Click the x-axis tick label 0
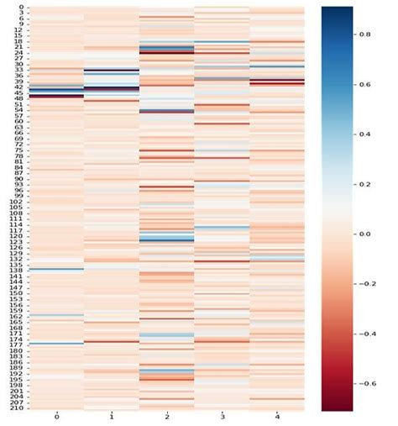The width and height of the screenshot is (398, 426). (55, 417)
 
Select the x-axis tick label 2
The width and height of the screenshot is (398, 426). (166, 417)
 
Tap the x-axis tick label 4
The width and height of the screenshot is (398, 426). (277, 417)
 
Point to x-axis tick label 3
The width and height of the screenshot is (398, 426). (222, 417)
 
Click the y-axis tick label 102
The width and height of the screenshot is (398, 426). (17, 202)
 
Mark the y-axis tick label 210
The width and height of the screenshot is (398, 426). (17, 408)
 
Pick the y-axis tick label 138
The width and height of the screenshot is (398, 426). (17, 270)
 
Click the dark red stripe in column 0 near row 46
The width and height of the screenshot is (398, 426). (55, 97)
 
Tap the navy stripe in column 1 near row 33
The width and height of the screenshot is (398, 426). (111, 71)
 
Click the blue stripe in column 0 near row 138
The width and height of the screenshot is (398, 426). (55, 270)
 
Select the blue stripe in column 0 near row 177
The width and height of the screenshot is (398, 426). (55, 344)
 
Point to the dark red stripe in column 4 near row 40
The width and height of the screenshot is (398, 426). (277, 82)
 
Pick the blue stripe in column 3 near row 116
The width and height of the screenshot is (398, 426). (222, 228)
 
